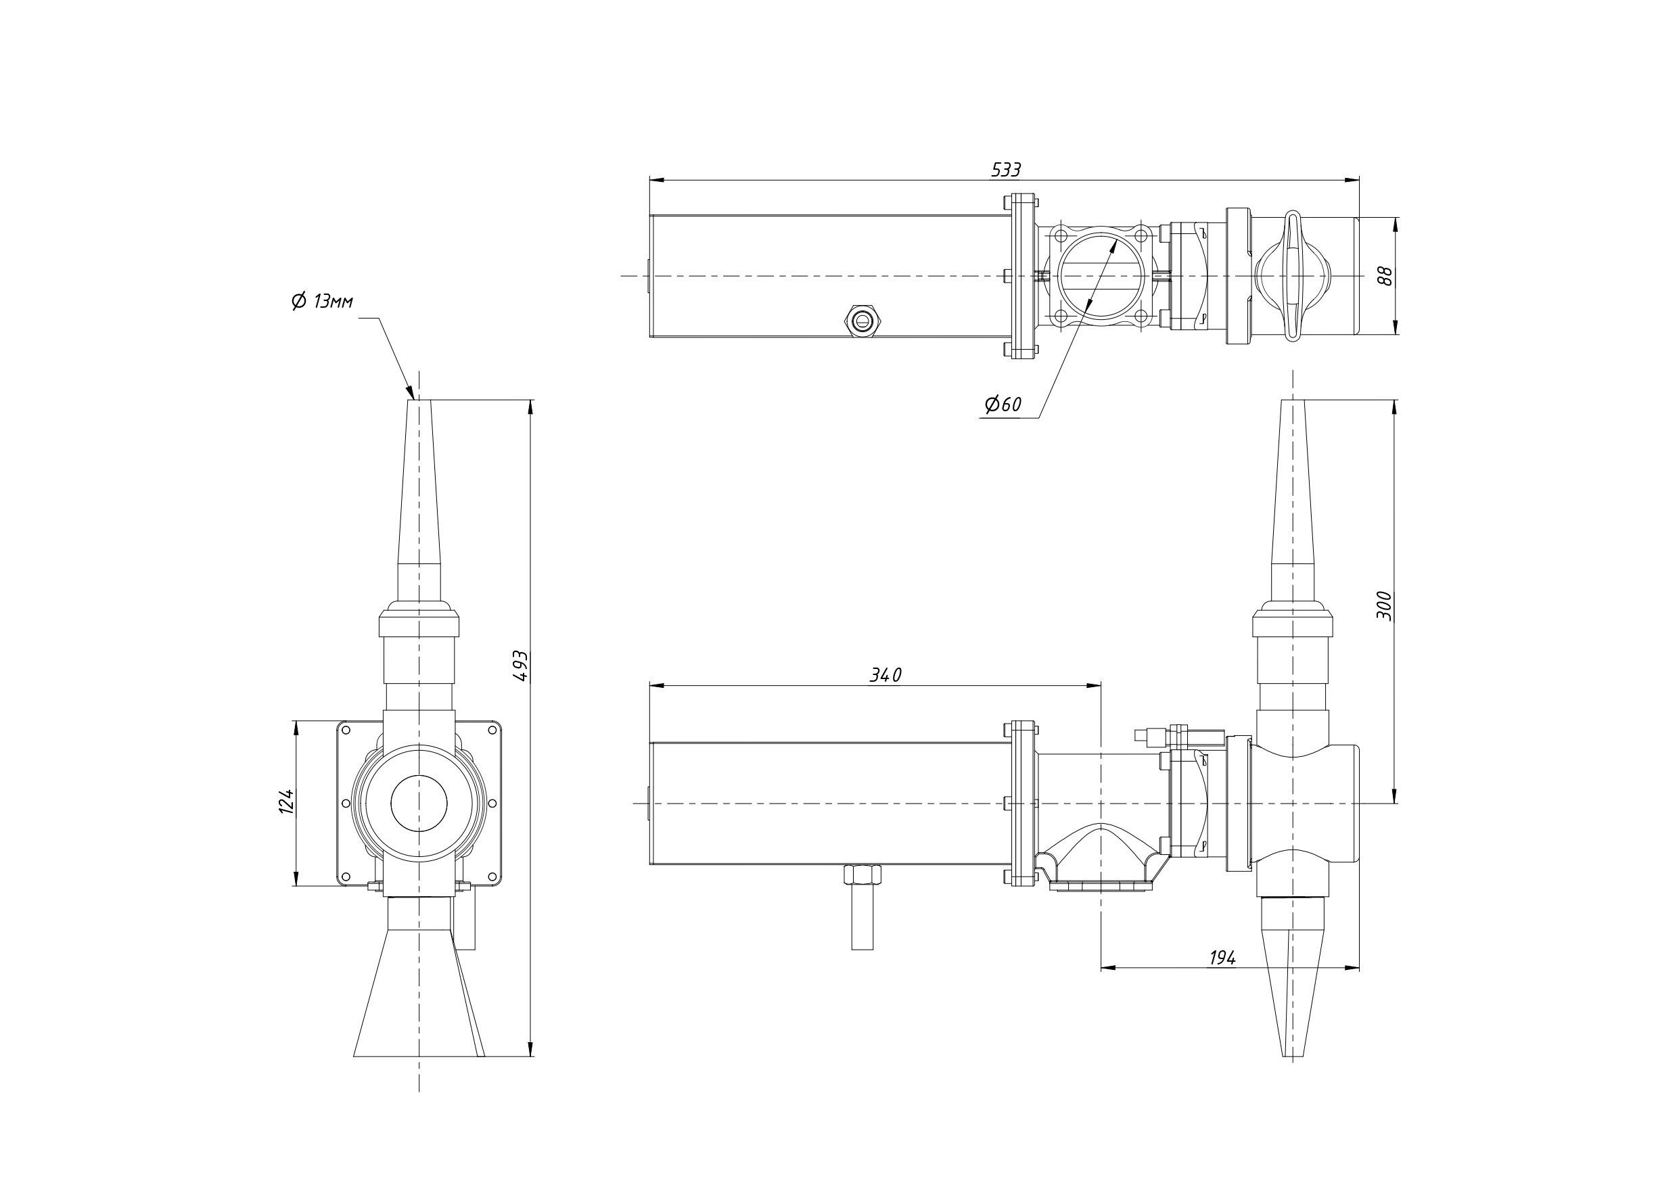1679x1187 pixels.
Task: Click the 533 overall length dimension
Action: (1005, 170)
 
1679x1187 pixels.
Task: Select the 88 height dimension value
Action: (1383, 276)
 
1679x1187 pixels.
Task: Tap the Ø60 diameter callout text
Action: (1003, 404)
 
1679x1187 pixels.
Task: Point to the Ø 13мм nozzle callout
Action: (323, 300)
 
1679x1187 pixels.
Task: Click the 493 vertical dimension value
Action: (520, 666)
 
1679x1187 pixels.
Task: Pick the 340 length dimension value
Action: (885, 675)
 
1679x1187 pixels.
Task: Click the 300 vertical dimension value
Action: (1384, 605)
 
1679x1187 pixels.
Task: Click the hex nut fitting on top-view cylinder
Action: (865, 321)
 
